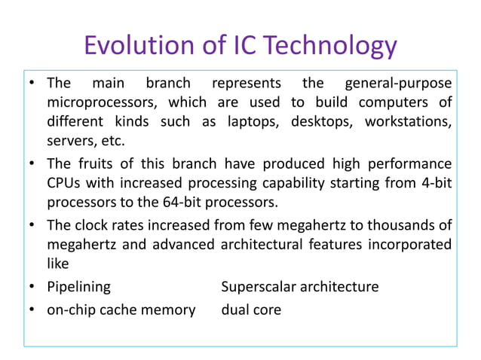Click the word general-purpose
pyautogui.click(x=397, y=82)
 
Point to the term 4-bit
pyautogui.click(x=435, y=183)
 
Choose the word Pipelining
pyautogui.click(x=78, y=287)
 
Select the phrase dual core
pyautogui.click(x=251, y=310)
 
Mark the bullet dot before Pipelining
pyautogui.click(x=34, y=288)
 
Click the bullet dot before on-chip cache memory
pyautogui.click(x=34, y=310)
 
